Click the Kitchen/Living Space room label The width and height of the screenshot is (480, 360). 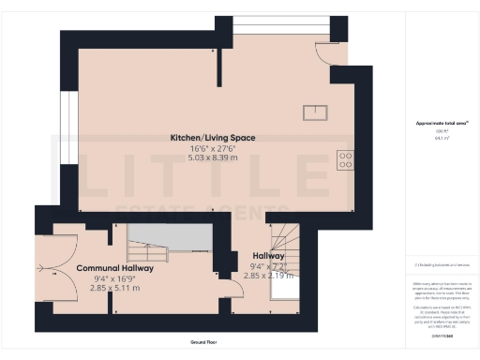(x=212, y=138)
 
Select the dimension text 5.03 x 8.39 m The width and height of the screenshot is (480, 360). (x=212, y=157)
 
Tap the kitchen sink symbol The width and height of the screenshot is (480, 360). (x=315, y=112)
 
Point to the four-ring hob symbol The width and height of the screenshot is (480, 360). (x=344, y=159)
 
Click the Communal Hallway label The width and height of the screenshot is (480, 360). (x=109, y=267)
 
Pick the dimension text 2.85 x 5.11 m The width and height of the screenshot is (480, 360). (x=116, y=288)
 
